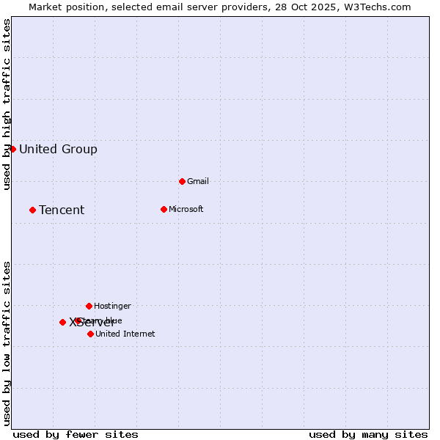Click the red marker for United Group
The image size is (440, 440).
[12, 149]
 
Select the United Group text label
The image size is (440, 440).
[58, 150]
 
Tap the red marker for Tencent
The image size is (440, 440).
[32, 210]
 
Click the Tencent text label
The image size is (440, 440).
[62, 210]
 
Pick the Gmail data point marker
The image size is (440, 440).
[182, 181]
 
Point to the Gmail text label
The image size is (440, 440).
[198, 181]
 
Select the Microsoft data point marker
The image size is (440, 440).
[164, 209]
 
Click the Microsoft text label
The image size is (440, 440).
[186, 209]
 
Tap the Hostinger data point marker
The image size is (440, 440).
[89, 306]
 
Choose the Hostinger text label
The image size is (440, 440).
[112, 306]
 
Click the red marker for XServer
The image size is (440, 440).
[62, 322]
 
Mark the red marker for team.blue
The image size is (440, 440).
[78, 320]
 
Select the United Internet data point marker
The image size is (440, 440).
[90, 334]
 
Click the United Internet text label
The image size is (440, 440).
[125, 334]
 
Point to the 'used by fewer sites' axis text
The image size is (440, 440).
[76, 434]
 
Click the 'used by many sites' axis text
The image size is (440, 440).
[368, 434]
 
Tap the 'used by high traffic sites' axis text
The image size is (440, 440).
[7, 104]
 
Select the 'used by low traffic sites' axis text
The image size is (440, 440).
[7, 343]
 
